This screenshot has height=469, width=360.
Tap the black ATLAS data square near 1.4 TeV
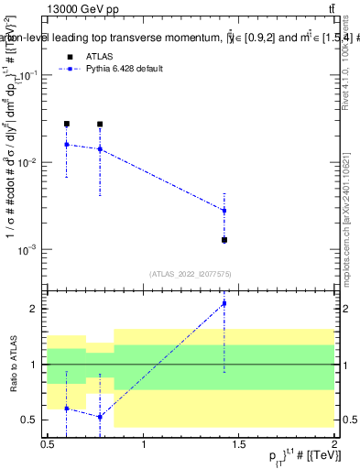coord(224,240)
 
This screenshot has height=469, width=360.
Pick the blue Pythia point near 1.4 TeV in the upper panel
coord(224,211)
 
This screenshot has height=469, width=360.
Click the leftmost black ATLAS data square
coord(66,124)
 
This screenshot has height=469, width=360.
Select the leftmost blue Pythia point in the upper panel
coord(66,144)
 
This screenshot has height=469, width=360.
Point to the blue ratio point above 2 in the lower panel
coord(224,303)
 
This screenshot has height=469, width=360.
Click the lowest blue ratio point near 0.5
coord(100,417)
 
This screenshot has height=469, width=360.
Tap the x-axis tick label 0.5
coord(48,443)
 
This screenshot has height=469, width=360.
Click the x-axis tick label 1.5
coord(239,443)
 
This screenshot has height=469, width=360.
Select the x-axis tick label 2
coord(334,443)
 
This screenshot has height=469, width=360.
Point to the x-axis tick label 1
coord(144,443)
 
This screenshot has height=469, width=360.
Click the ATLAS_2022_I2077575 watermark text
coord(191,273)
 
